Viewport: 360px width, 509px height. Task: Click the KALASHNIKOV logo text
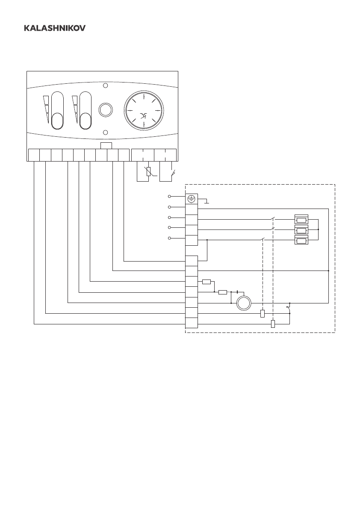[x=54, y=28]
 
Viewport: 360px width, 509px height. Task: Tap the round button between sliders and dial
[x=105, y=109]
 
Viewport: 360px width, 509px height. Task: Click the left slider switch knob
[x=57, y=121]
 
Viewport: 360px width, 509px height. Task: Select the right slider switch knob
[x=86, y=121]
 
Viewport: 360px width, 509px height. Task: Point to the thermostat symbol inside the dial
[x=144, y=115]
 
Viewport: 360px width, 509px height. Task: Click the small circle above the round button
[x=106, y=85]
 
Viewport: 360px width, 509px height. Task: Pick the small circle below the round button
[x=106, y=132]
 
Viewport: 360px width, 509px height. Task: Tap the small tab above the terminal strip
[x=106, y=145]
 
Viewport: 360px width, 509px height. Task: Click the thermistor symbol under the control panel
[x=148, y=172]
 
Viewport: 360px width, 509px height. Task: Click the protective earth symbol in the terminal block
[x=192, y=199]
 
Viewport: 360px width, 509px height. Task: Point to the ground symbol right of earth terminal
[x=206, y=201]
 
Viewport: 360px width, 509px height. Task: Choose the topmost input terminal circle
[x=170, y=196]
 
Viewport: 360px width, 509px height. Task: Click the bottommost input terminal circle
[x=170, y=238]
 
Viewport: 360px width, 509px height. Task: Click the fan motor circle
[x=244, y=303]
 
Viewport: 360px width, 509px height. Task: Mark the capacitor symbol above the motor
[x=237, y=292]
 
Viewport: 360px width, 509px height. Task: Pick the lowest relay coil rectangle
[x=273, y=324]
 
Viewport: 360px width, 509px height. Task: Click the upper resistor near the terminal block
[x=207, y=282]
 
